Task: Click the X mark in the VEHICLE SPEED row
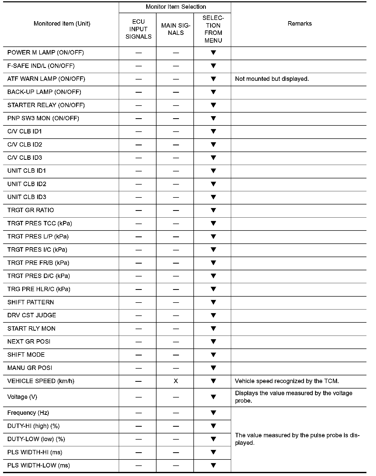(176, 381)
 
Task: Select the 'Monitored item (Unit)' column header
(62, 24)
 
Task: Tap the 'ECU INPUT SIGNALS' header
(138, 29)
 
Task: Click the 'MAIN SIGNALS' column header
(176, 29)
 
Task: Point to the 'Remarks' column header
(300, 24)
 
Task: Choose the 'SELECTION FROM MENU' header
(213, 29)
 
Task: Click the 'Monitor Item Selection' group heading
(176, 7)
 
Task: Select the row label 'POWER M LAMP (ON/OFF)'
(45, 53)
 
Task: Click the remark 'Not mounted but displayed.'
(272, 79)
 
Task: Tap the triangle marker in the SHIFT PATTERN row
(213, 302)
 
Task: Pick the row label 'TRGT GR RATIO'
(30, 210)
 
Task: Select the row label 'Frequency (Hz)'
(28, 413)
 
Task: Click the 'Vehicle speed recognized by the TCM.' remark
(287, 381)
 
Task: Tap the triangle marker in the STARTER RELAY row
(213, 105)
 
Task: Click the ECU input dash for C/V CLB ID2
(139, 145)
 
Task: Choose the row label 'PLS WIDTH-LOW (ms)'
(38, 465)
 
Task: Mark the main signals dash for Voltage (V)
(176, 397)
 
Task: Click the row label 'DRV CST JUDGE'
(32, 315)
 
